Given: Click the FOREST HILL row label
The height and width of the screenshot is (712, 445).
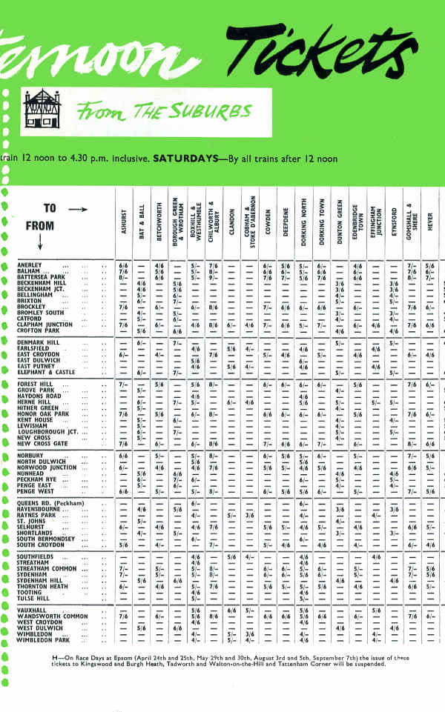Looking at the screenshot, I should [x=38, y=385].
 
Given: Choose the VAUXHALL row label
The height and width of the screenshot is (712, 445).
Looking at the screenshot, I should [x=35, y=610].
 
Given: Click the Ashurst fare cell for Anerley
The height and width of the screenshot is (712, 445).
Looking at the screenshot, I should [x=124, y=264].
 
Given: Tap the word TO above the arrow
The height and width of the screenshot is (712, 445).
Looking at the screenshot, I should [x=50, y=209].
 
